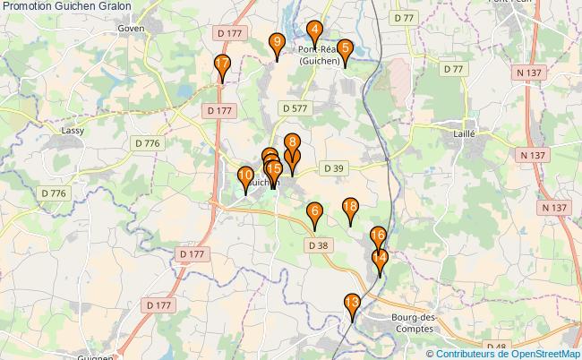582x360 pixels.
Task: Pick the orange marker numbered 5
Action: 346,51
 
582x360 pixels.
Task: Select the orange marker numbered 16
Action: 378,236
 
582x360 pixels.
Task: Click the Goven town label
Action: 131,28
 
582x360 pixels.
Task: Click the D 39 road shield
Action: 333,167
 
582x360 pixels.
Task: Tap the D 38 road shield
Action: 318,244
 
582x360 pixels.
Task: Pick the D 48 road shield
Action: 497,346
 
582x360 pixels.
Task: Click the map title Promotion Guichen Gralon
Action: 66,6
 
